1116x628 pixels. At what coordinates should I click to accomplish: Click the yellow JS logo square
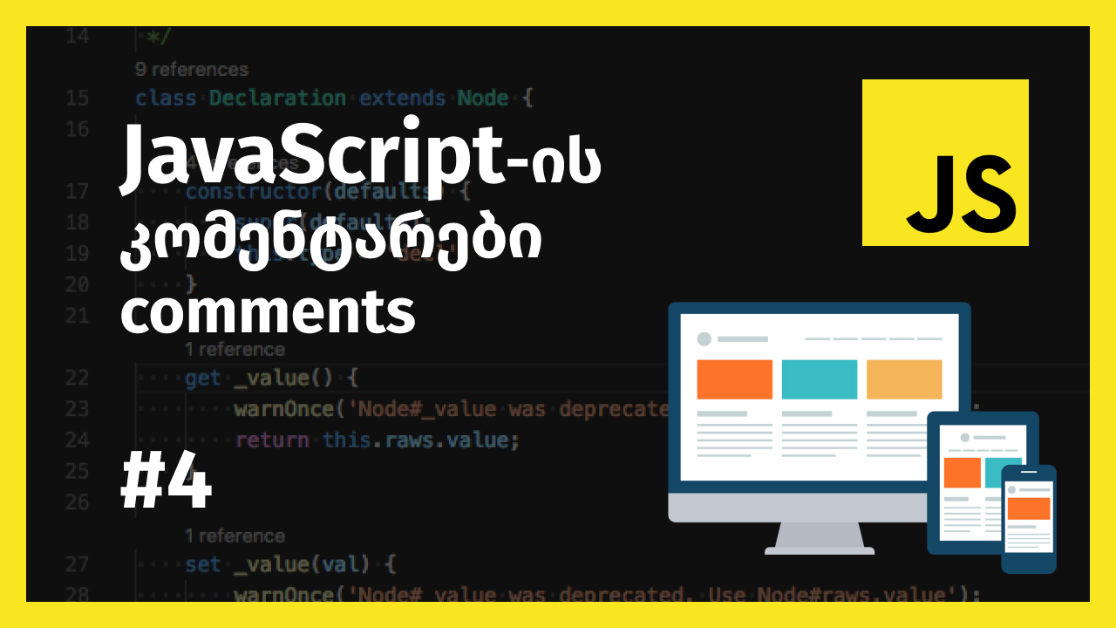pyautogui.click(x=945, y=162)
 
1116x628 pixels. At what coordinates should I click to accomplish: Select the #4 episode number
pyautogui.click(x=166, y=485)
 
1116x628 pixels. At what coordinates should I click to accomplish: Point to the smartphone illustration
pyautogui.click(x=1028, y=519)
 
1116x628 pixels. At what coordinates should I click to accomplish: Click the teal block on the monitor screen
pyautogui.click(x=820, y=379)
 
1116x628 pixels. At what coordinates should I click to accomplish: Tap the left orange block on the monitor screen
pyautogui.click(x=734, y=379)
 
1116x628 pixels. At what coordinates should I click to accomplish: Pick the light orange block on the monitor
pyautogui.click(x=904, y=379)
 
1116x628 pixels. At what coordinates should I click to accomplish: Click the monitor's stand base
pyautogui.click(x=820, y=549)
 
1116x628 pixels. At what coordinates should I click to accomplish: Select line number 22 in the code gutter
pyautogui.click(x=78, y=378)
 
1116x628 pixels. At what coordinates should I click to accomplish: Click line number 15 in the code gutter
pyautogui.click(x=78, y=98)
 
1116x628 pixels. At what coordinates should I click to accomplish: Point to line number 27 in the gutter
pyautogui.click(x=78, y=564)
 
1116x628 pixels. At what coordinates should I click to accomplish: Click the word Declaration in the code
pyautogui.click(x=277, y=98)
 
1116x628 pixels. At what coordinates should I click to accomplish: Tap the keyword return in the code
pyautogui.click(x=272, y=440)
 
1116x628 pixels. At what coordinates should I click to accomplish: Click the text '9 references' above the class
pyautogui.click(x=192, y=70)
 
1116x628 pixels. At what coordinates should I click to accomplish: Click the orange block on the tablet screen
pyautogui.click(x=963, y=472)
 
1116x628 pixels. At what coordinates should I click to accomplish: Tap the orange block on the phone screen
pyautogui.click(x=1029, y=508)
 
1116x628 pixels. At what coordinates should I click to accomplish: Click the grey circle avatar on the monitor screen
pyautogui.click(x=704, y=338)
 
